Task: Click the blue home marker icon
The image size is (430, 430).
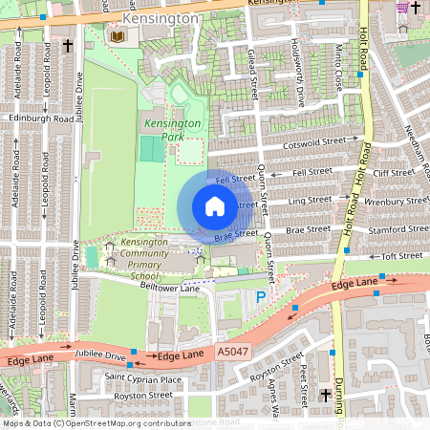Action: coord(214,206)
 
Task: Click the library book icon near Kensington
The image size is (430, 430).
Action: coord(118,36)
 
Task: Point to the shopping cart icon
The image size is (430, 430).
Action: coord(403,7)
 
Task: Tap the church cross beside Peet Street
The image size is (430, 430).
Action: coord(326,394)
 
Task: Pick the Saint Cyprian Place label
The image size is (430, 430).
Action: coord(142,379)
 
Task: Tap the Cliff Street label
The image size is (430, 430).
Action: coord(393,173)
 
